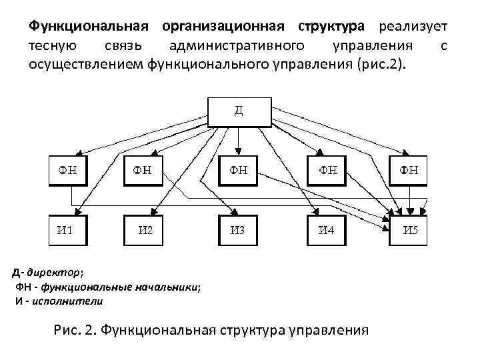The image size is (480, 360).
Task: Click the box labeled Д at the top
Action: click(239, 111)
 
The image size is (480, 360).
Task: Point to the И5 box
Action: click(408, 231)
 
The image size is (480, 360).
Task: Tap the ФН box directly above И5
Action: click(408, 171)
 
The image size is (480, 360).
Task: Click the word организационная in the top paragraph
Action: click(227, 27)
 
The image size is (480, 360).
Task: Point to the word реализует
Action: click(411, 27)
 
